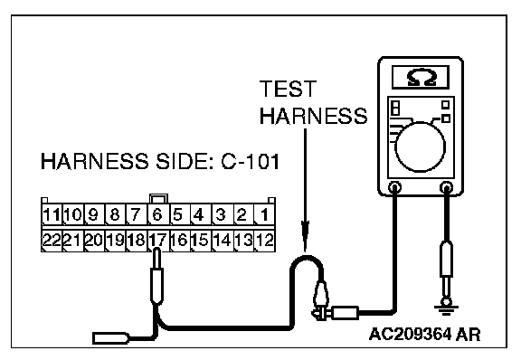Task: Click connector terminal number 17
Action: pyautogui.click(x=158, y=240)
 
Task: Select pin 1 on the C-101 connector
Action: pyautogui.click(x=265, y=214)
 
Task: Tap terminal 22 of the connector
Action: pyautogui.click(x=52, y=240)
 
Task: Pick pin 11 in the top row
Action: pyautogui.click(x=52, y=214)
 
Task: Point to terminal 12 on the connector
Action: pyautogui.click(x=265, y=240)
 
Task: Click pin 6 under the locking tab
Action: pyautogui.click(x=158, y=214)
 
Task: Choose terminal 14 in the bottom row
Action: pyautogui.click(x=223, y=240)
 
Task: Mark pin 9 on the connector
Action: pyautogui.click(x=94, y=214)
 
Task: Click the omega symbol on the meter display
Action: pyautogui.click(x=421, y=78)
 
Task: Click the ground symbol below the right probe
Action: pyautogui.click(x=446, y=308)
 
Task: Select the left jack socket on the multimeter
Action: pyautogui.click(x=394, y=187)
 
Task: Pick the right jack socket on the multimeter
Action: pyautogui.click(x=446, y=187)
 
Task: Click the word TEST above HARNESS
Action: pyautogui.click(x=288, y=89)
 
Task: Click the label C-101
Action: pyautogui.click(x=251, y=162)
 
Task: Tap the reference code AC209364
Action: pyautogui.click(x=411, y=334)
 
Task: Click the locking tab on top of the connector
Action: pyautogui.click(x=159, y=198)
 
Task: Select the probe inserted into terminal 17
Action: pyautogui.click(x=156, y=277)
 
